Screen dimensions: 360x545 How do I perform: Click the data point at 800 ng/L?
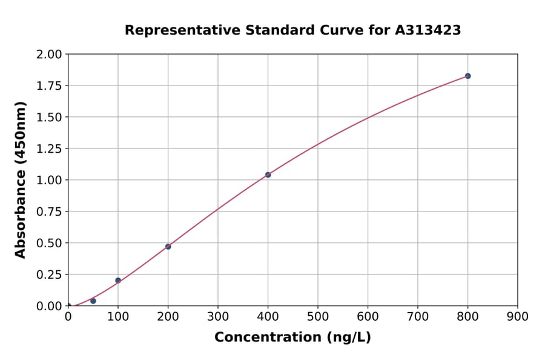click(x=467, y=76)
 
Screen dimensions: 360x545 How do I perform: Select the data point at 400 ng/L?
click(x=268, y=175)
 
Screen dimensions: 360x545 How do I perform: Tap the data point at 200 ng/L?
click(x=168, y=247)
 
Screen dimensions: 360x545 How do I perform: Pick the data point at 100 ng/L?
click(x=118, y=280)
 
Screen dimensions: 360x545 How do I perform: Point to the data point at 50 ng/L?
click(x=93, y=301)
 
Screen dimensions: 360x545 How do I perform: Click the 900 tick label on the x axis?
click(x=518, y=316)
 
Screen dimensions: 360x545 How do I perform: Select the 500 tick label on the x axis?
click(x=318, y=316)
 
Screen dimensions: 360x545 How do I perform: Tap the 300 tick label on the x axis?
click(x=218, y=316)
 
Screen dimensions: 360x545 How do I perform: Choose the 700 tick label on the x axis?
click(x=418, y=316)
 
